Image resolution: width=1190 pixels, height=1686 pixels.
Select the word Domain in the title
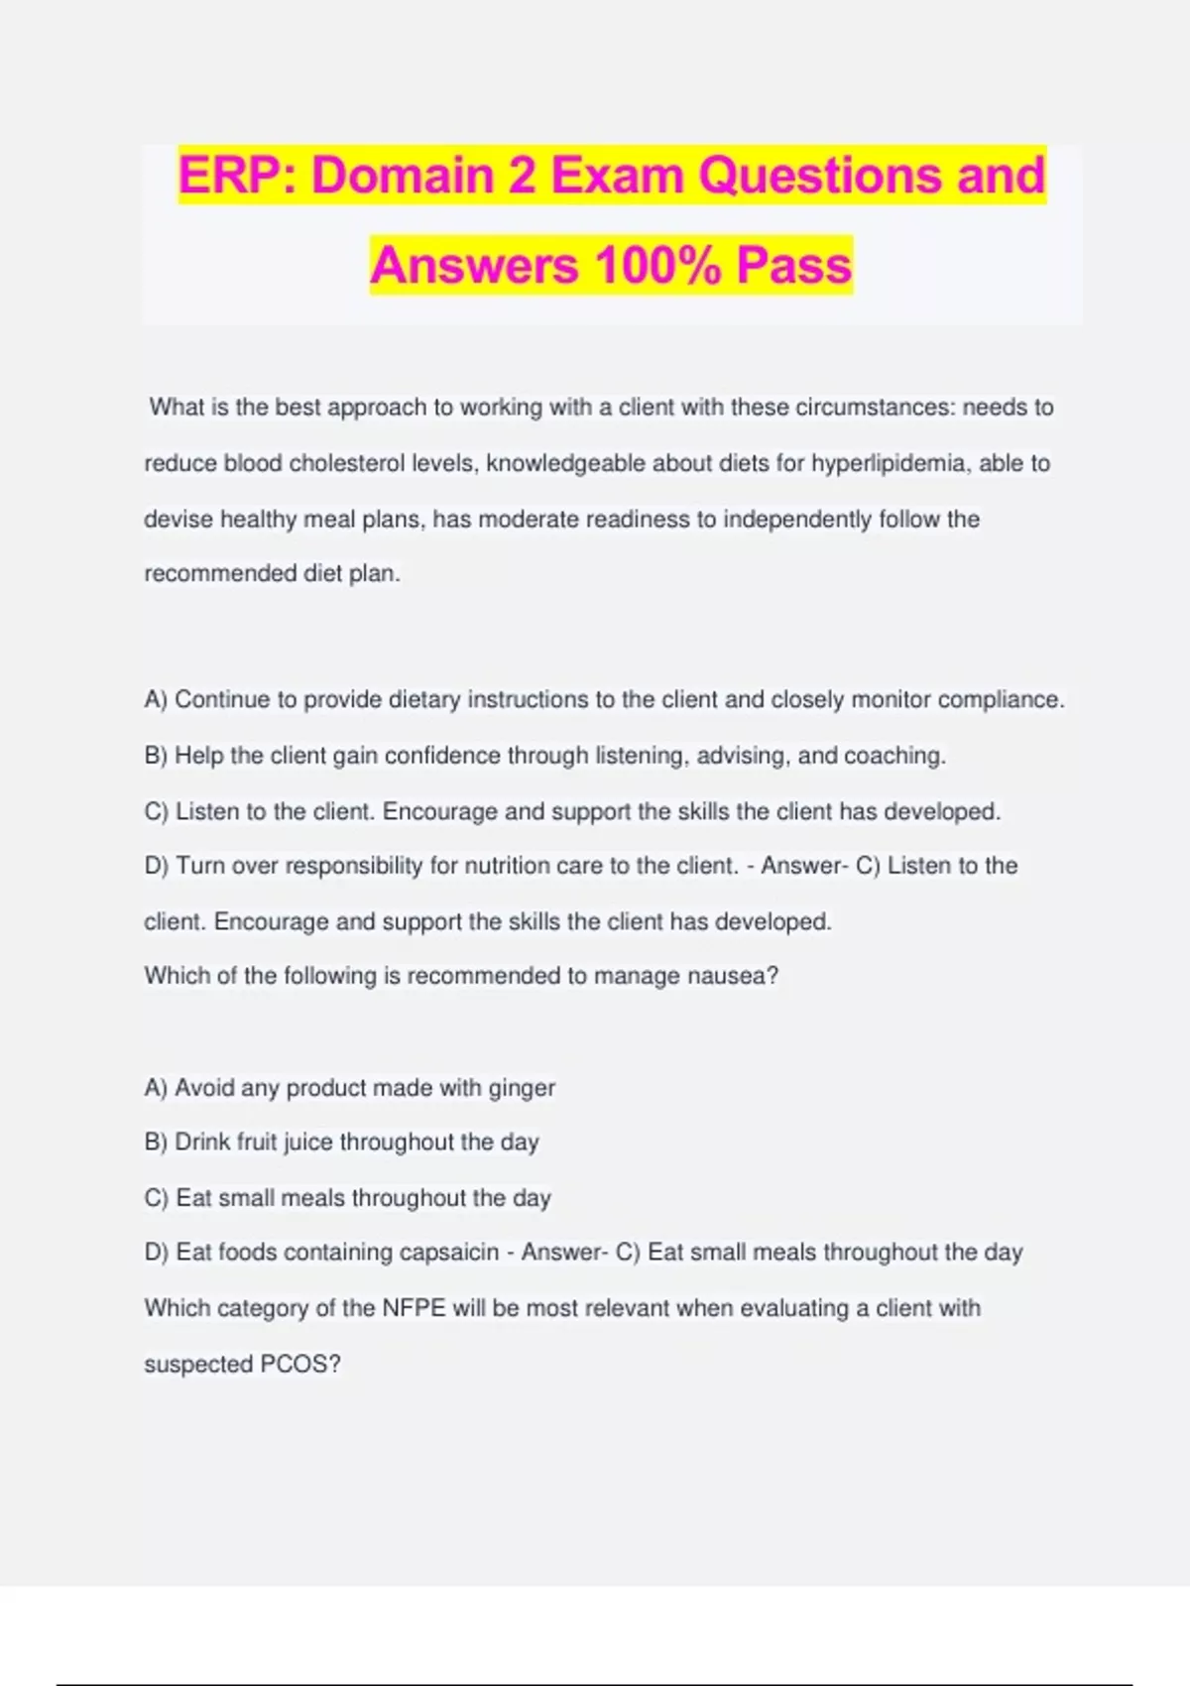[402, 176]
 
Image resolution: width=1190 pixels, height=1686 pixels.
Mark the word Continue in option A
[221, 699]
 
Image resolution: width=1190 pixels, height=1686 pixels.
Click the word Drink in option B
[202, 1143]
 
